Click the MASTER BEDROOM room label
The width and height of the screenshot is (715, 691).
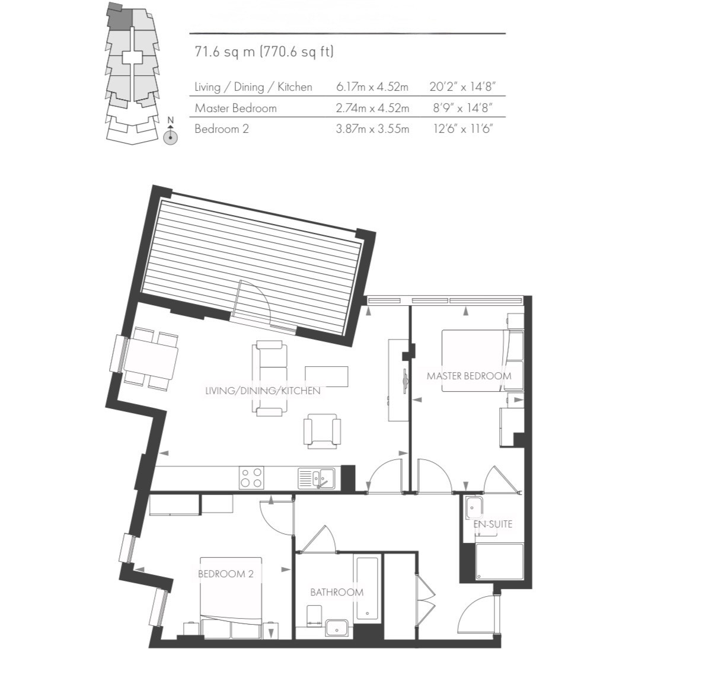(468, 376)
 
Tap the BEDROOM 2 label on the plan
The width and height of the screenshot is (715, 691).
(226, 574)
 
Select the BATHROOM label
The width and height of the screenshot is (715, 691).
(337, 592)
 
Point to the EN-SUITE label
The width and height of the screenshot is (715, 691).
(492, 524)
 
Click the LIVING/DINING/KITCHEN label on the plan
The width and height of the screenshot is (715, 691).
(263, 391)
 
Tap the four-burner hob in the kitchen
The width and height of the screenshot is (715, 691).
(252, 478)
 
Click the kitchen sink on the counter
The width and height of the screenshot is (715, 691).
(317, 478)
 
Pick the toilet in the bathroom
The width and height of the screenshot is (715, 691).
(314, 616)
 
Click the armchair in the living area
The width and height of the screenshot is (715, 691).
(322, 431)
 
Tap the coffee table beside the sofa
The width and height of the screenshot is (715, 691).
(326, 376)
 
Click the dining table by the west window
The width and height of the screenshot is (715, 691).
(151, 357)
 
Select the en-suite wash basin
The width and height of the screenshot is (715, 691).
(473, 508)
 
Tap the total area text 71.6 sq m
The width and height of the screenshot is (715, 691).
(225, 52)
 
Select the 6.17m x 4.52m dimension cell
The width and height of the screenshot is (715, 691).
(372, 87)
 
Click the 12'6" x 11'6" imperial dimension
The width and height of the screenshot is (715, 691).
(463, 129)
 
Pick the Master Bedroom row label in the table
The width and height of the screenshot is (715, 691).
(235, 108)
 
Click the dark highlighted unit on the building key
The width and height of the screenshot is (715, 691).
(119, 17)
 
